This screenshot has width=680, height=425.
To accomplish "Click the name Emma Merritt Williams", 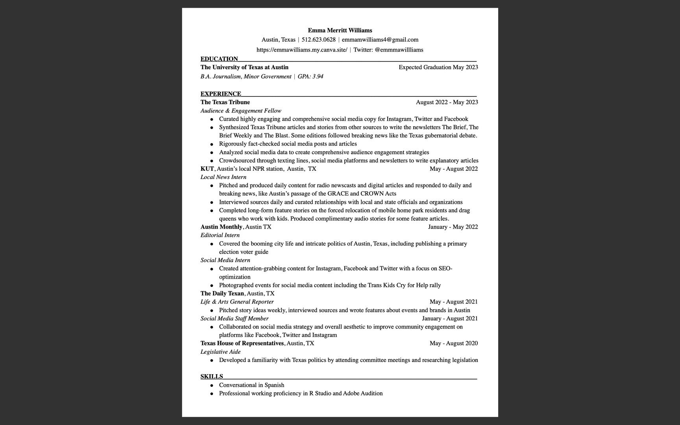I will [x=340, y=30].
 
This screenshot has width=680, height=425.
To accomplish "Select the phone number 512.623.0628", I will [x=318, y=40].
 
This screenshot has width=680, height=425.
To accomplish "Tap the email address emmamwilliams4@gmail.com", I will [x=380, y=40].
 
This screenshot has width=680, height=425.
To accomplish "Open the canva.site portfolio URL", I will [x=302, y=50].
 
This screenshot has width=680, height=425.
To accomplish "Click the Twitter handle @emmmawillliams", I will [x=399, y=50].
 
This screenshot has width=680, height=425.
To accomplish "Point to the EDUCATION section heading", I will [x=219, y=59].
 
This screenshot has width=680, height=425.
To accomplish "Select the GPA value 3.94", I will [x=318, y=77].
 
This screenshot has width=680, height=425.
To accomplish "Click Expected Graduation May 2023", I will [x=438, y=67].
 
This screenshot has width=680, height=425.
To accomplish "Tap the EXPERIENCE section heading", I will [x=221, y=94].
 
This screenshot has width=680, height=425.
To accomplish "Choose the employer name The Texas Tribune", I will [x=225, y=102].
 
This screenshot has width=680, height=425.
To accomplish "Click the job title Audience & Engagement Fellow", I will [x=241, y=111].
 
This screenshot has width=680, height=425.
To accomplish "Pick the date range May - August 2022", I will [x=454, y=169].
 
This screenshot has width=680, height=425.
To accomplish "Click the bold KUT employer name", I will [x=207, y=169].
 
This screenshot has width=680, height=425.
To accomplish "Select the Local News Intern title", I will [x=224, y=177].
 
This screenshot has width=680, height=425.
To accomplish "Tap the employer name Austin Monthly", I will [x=221, y=227].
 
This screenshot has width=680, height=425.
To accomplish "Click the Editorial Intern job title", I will [x=220, y=235].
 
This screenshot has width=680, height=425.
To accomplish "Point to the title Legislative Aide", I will [x=220, y=352].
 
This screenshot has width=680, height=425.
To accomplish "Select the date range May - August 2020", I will [x=454, y=344].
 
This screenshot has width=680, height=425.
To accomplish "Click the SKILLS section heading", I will [x=212, y=377].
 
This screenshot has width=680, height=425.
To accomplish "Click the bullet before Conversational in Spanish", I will [x=212, y=385].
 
